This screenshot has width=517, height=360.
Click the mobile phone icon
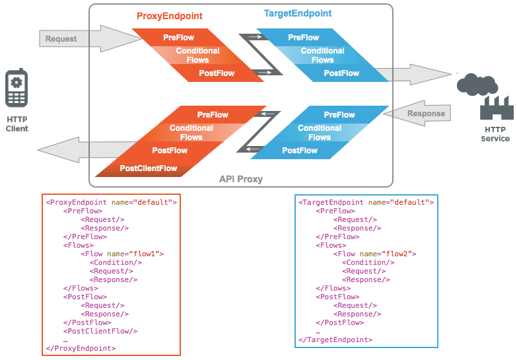(17, 88)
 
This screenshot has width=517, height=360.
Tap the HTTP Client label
(17, 124)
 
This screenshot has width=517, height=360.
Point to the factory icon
(497, 108)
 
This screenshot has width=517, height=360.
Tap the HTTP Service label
(497, 134)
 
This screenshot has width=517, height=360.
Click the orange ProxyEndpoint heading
(169, 16)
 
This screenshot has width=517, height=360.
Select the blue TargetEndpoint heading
(297, 13)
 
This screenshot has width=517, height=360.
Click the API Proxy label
(242, 179)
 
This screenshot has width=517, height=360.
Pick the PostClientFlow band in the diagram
(149, 168)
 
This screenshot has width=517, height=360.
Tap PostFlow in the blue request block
(341, 73)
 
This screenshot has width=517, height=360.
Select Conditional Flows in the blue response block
(319, 133)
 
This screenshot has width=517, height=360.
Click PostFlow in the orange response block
(170, 151)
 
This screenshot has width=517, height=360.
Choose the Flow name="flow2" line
(375, 254)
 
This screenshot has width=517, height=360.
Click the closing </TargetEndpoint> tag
(335, 340)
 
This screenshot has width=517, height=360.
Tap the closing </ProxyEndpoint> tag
(81, 348)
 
